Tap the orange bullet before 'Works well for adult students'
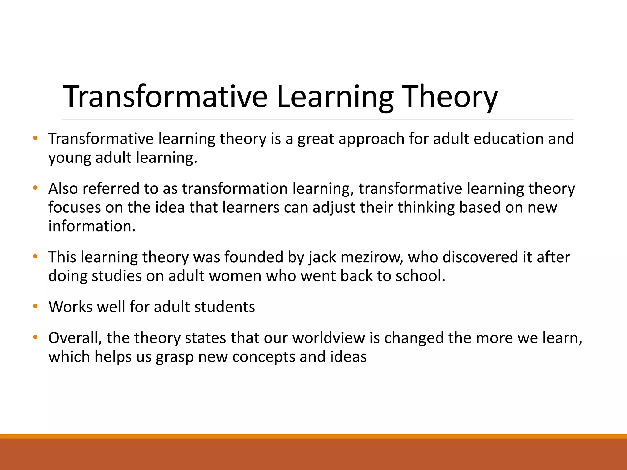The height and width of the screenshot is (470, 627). point(35,306)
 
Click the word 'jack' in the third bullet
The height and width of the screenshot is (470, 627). point(322,257)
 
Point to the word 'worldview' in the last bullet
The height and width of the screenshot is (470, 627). point(329,338)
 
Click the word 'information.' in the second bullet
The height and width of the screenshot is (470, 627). point(92,226)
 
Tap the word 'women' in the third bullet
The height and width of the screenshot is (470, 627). point(235,276)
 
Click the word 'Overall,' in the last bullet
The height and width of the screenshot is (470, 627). point(75,338)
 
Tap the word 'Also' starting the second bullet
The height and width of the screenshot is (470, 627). point(63,188)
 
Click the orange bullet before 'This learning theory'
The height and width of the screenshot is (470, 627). point(35,256)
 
